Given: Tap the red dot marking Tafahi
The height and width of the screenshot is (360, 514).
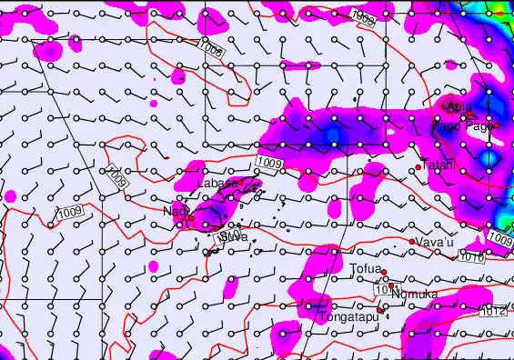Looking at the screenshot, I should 418,167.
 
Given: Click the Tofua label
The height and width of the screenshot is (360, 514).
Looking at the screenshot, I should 367,267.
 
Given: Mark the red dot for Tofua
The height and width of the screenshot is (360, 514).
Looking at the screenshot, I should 384,272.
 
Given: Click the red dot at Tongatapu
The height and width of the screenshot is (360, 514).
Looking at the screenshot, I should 380,310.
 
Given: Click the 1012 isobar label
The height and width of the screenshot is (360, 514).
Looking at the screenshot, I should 492,313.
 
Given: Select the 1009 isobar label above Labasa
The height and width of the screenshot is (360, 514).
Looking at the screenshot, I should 269,163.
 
